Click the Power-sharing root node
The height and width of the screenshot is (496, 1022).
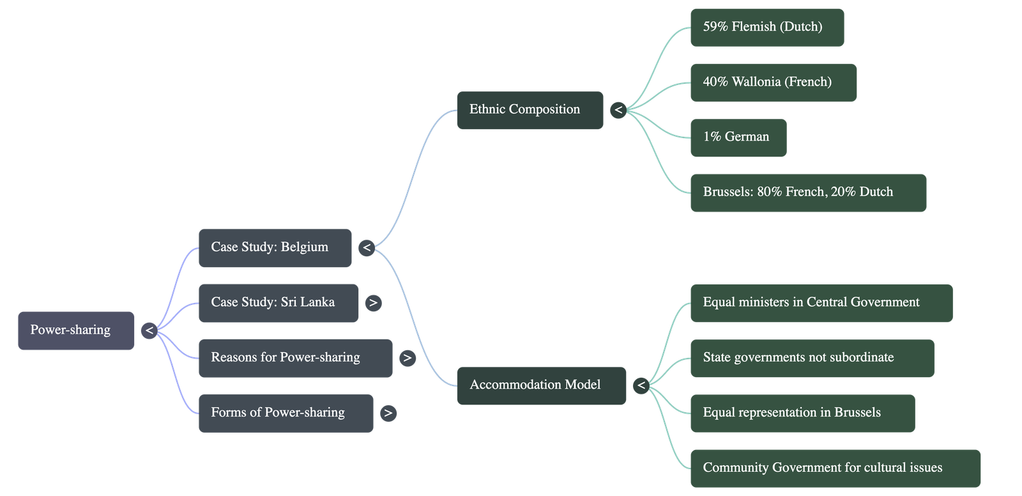coord(76,330)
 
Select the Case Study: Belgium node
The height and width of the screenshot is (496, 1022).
coord(275,247)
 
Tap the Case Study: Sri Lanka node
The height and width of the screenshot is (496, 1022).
coord(278,302)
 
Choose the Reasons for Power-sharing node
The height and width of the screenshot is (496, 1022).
coord(295,357)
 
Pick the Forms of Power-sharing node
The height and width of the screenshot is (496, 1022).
coord(286,412)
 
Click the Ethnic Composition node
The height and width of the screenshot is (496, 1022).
coord(530,110)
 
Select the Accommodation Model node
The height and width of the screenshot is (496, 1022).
coord(541,385)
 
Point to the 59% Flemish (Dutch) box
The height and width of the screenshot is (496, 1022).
coord(766,27)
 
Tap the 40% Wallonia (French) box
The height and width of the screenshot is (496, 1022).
coord(773,82)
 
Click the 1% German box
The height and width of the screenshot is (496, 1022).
coord(738,137)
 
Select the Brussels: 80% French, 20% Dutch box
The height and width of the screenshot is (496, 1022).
coord(808,192)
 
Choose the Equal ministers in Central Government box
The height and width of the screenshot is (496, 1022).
coord(821,302)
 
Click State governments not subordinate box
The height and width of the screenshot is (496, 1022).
coord(812,357)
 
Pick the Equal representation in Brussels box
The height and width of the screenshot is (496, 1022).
coord(802,412)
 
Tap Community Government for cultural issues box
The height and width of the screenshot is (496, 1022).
coord(835,467)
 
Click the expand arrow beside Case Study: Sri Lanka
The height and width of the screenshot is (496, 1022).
coord(374,302)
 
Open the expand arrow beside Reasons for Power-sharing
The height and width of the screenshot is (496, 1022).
coord(407,358)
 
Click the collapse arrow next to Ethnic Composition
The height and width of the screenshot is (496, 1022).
coord(618,111)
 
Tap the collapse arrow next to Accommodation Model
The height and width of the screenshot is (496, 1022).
coord(641,385)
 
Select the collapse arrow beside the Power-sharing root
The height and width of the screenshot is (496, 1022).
coord(149,330)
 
